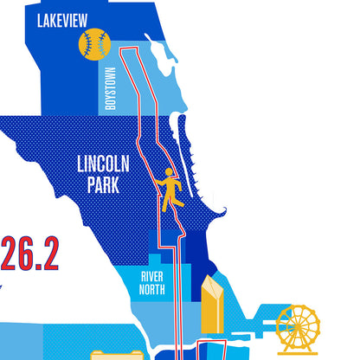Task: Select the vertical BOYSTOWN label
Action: [110, 86]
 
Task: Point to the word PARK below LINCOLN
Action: [103, 185]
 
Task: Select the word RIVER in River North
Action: [152, 276]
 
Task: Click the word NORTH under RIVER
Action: [152, 290]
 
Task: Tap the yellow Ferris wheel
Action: [298, 329]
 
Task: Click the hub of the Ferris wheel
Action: [298, 326]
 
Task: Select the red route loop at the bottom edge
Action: [212, 350]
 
